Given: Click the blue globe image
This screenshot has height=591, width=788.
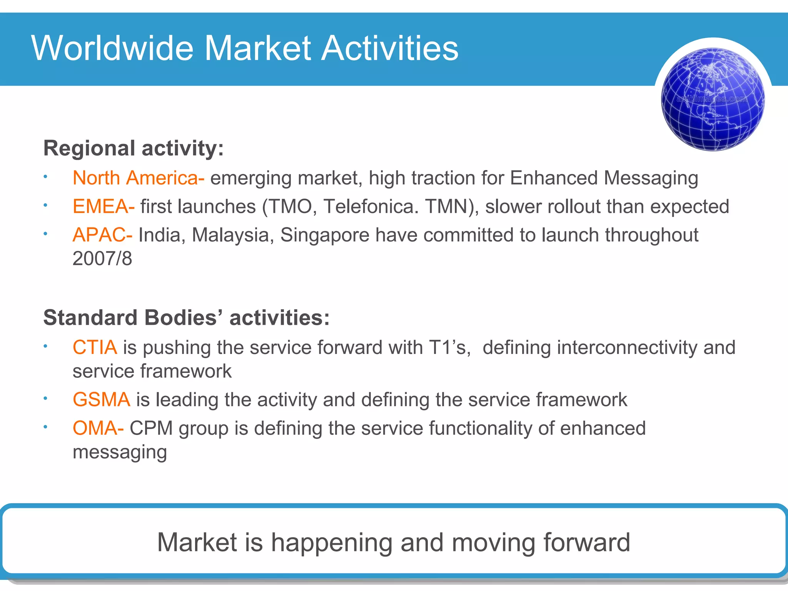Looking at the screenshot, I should tap(713, 99).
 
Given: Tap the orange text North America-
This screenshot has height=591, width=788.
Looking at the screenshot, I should tap(138, 178).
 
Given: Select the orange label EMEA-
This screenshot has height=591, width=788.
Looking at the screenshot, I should tap(104, 207).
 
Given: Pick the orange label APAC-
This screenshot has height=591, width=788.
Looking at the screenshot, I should tap(102, 235).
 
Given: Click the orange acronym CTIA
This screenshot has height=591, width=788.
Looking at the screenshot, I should tap(95, 347).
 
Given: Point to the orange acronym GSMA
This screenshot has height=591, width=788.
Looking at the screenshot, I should tap(101, 399).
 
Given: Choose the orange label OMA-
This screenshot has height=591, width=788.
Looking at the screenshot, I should tap(98, 428).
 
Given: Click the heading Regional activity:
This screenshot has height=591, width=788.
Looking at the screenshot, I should tap(134, 148).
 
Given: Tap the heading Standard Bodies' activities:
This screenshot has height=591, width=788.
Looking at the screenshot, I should tap(186, 318).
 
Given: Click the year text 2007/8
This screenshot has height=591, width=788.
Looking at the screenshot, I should tap(102, 259).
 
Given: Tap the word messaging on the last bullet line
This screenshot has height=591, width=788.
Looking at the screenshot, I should tap(120, 452).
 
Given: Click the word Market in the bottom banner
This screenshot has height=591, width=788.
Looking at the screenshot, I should tap(197, 542).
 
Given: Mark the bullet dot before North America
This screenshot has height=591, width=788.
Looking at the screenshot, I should tap(45, 177).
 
